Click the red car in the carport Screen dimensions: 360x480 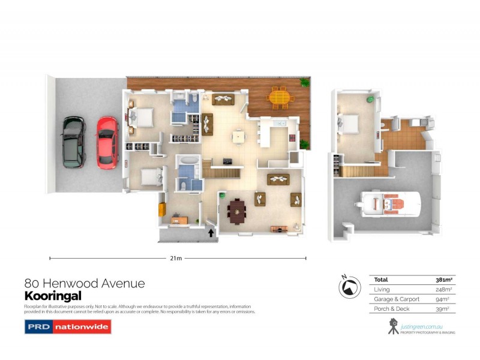[107, 142]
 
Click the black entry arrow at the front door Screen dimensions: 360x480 [211, 230]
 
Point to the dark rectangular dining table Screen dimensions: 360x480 [236, 210]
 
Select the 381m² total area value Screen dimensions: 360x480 [443, 280]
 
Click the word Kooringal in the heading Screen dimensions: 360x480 [52, 296]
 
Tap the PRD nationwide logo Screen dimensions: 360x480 [67, 327]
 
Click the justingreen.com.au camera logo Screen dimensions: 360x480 [393, 326]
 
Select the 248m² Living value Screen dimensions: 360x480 [444, 289]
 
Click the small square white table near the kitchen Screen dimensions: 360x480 [239, 136]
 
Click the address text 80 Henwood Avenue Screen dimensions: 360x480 [84, 283]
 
